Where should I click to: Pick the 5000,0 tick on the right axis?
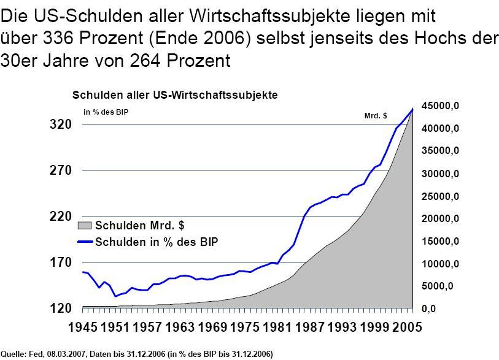click(443, 286)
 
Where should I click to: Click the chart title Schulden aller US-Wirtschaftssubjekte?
click(175, 96)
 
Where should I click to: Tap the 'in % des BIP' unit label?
click(106, 112)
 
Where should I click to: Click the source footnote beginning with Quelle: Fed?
click(137, 354)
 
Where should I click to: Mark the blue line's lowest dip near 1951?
click(115, 297)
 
